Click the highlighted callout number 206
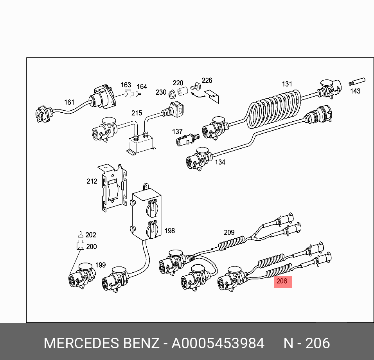[282, 281]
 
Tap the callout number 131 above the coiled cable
[287, 84]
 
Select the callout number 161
[69, 102]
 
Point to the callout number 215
[137, 113]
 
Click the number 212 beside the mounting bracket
[92, 181]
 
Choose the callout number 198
[169, 231]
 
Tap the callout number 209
[229, 232]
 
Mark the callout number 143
[355, 91]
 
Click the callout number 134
[220, 162]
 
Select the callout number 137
[177, 132]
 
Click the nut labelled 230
[171, 94]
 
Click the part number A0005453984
[218, 344]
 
